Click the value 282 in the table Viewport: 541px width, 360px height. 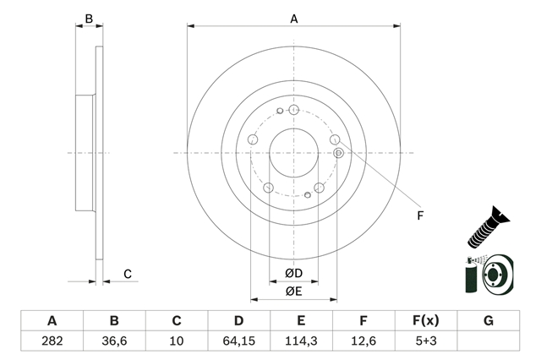52,341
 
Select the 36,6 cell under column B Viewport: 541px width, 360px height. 114,341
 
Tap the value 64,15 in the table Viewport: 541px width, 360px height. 238,341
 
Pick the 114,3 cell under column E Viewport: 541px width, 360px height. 301,341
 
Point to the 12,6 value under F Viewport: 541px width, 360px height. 363,341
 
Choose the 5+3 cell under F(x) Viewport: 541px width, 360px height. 426,341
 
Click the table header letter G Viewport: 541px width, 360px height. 489,321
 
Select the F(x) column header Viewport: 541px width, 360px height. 426,321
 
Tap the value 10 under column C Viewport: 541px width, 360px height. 177,341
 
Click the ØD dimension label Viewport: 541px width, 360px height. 293,274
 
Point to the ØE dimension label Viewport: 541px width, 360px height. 293,292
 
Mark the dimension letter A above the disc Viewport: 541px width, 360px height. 294,19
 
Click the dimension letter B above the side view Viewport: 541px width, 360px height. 89,19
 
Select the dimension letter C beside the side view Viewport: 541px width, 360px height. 128,274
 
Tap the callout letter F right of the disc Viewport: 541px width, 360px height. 420,215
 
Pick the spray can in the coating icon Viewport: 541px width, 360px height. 470,275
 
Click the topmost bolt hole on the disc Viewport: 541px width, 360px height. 293,110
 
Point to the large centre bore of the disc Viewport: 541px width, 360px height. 293,153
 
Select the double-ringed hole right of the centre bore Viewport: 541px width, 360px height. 339,153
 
